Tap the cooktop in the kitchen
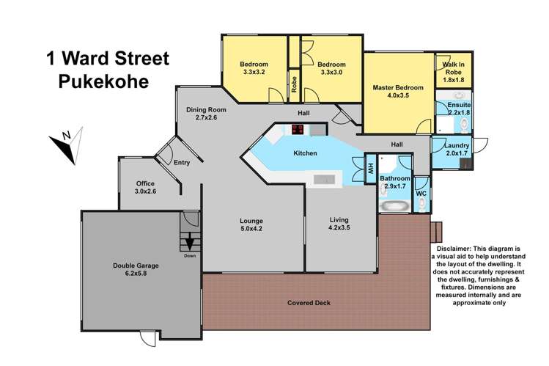tap(298, 130)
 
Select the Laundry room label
tap(457, 144)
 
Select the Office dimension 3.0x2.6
tap(145, 191)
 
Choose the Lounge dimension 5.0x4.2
tap(251, 229)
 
